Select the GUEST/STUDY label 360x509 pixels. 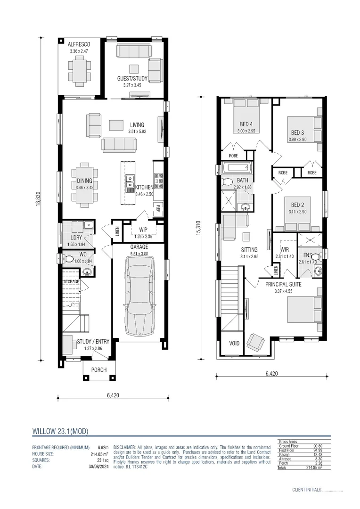132,79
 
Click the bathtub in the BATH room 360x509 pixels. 237,168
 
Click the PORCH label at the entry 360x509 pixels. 98,370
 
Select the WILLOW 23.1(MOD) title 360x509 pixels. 60,431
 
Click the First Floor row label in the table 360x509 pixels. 287,450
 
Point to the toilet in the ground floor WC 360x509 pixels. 69,259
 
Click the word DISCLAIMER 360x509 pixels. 124,446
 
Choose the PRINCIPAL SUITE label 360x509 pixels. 283,284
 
